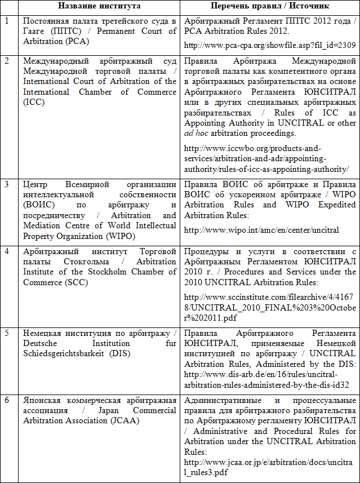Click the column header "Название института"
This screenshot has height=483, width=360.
[x=99, y=7]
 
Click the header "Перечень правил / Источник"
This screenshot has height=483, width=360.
[x=269, y=7]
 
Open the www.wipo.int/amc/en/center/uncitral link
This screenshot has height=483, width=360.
[x=262, y=230]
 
